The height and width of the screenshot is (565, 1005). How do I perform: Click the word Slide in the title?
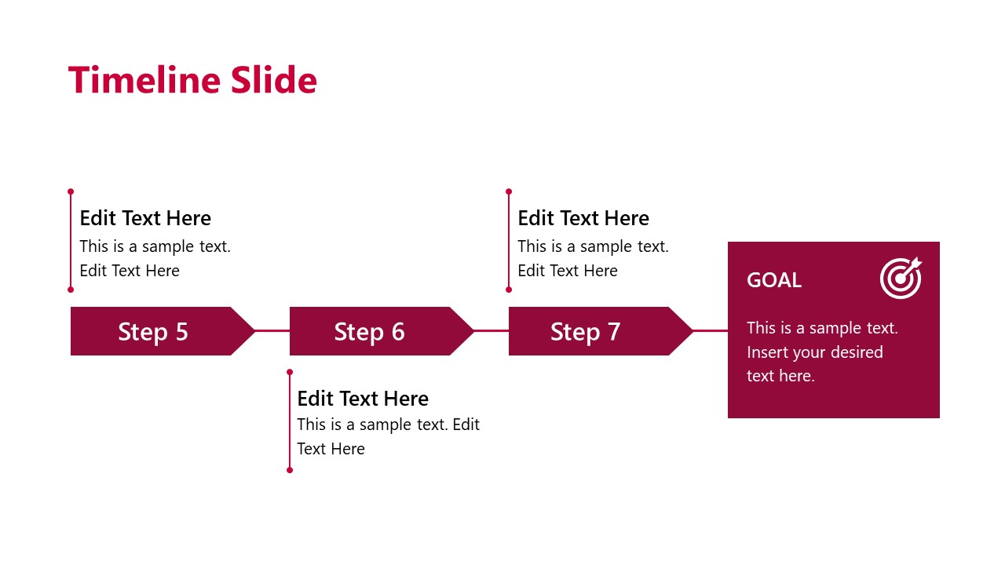(274, 80)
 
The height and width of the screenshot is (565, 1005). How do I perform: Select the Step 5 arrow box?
(153, 331)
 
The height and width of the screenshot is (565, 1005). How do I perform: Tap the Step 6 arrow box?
(370, 331)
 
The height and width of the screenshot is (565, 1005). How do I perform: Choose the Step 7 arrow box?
(586, 331)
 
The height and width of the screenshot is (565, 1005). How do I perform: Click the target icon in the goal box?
(901, 279)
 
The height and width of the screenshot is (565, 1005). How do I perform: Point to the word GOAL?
(774, 280)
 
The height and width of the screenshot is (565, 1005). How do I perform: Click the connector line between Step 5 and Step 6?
(272, 331)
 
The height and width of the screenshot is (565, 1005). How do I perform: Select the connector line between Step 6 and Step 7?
(492, 331)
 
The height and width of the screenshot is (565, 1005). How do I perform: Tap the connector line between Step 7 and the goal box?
(711, 331)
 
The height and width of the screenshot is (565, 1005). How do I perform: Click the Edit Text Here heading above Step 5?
(145, 218)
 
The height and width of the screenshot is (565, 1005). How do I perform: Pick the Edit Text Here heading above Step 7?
(583, 218)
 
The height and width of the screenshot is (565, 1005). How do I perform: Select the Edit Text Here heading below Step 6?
(363, 399)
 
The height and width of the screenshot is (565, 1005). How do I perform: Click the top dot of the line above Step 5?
(71, 191)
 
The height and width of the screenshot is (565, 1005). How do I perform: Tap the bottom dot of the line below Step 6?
(290, 470)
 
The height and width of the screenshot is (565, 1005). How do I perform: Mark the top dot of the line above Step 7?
(509, 191)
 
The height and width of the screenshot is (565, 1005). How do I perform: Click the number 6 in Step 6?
(397, 332)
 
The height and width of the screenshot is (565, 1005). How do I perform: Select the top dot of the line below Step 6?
(290, 372)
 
